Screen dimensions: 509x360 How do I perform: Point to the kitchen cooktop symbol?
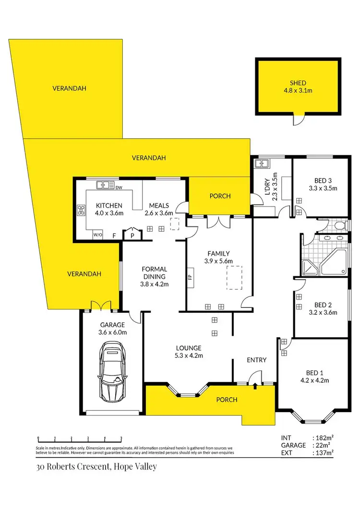coord(81,210)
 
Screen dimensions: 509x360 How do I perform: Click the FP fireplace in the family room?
coord(191,277)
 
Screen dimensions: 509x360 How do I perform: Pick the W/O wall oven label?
coord(97,235)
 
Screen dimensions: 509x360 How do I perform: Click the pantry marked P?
coord(131,235)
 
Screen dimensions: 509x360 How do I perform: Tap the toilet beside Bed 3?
coord(339,225)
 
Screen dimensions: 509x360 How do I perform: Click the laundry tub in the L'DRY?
coord(262,164)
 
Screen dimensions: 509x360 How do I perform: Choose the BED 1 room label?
coord(315,372)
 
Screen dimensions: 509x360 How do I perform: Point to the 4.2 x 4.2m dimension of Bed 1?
coord(315,380)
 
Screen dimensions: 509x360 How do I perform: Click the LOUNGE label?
coord(189,348)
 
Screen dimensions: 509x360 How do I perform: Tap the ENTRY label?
coord(256,360)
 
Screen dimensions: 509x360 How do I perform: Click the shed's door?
coord(299,119)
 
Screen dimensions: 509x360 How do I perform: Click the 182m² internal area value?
coord(325,438)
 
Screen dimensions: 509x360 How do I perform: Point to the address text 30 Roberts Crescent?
coord(96,466)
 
